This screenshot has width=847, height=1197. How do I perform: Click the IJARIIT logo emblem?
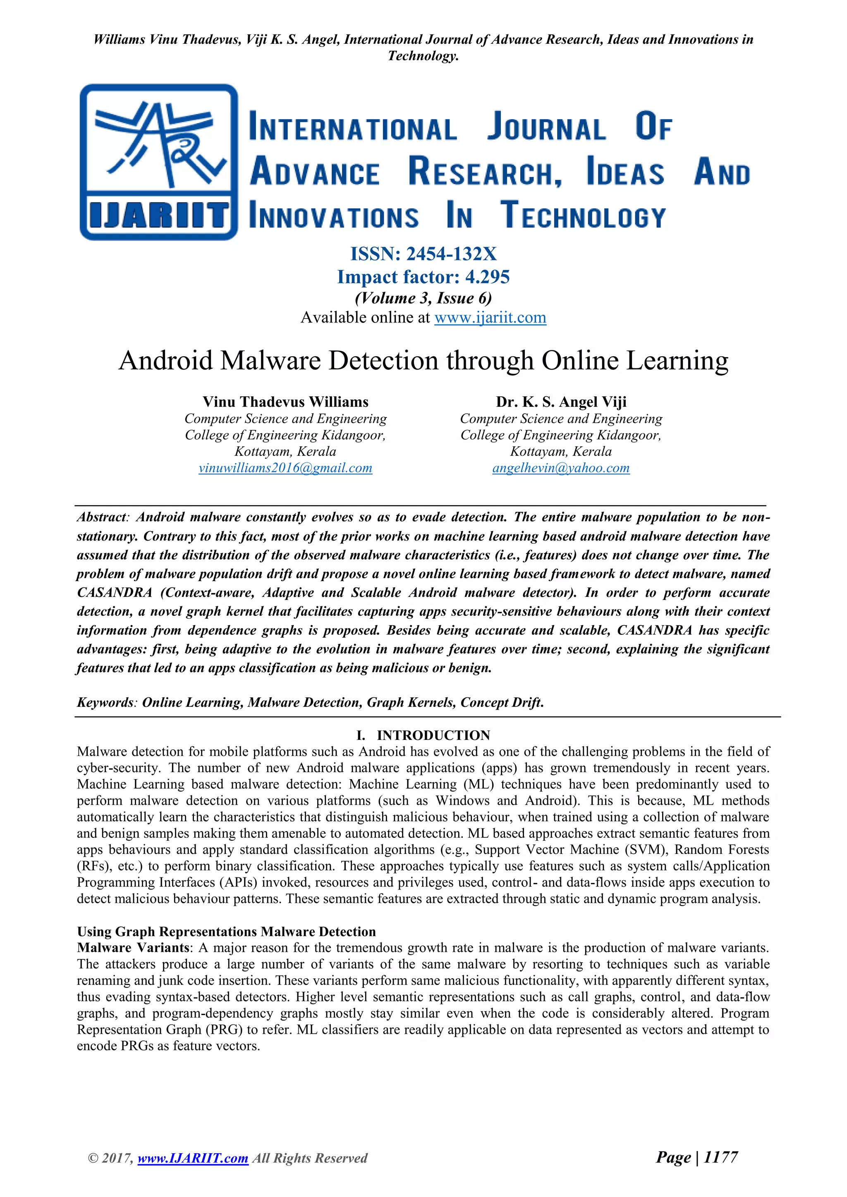pyautogui.click(x=158, y=162)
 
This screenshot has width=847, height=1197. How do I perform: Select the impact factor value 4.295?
pyautogui.click(x=487, y=277)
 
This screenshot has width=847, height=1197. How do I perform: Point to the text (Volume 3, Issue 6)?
pyautogui.click(x=423, y=298)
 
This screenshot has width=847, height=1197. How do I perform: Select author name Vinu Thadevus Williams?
pyautogui.click(x=285, y=402)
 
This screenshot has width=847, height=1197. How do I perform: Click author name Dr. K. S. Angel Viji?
pyautogui.click(x=561, y=402)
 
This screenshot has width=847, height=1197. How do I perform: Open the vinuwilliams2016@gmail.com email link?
pyautogui.click(x=285, y=468)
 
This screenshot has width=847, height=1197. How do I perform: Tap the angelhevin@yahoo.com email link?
pyautogui.click(x=561, y=468)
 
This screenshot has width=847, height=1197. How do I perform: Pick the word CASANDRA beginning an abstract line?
pyautogui.click(x=114, y=593)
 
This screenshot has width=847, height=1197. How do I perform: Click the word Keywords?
pyautogui.click(x=105, y=702)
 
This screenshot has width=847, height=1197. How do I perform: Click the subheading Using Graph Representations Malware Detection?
pyautogui.click(x=226, y=932)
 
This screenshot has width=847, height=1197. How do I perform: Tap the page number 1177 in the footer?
pyautogui.click(x=720, y=1157)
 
